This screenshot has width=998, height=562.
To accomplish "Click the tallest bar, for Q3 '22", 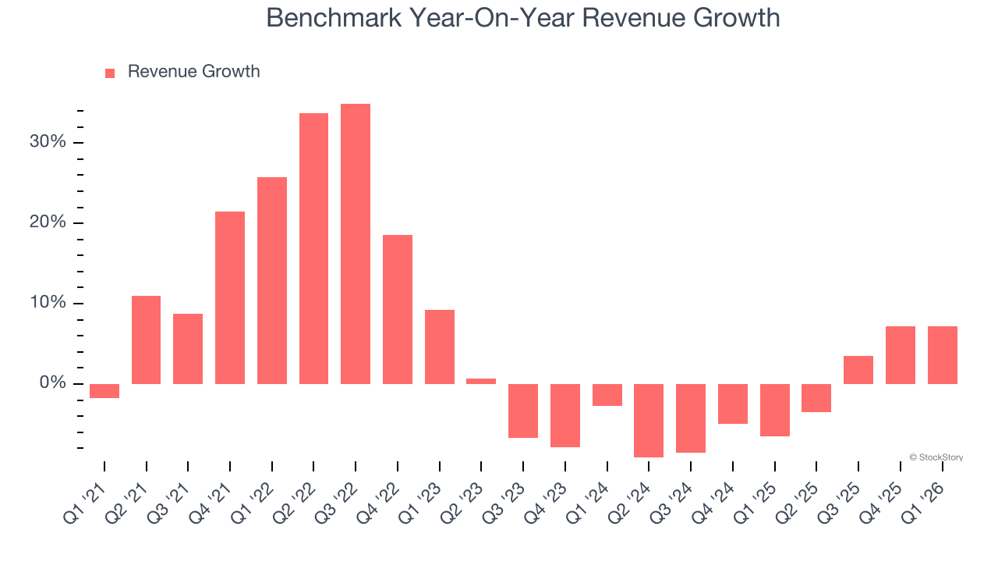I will (356, 244).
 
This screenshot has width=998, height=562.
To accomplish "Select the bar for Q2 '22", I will (313, 248).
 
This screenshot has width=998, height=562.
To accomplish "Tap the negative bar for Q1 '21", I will (104, 391).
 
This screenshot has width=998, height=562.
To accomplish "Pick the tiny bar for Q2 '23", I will (481, 381).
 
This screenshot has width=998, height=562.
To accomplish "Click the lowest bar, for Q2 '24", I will (649, 420).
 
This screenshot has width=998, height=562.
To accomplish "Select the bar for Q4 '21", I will (230, 297).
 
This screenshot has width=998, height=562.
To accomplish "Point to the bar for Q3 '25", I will (858, 370).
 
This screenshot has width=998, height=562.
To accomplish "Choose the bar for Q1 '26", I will (942, 355).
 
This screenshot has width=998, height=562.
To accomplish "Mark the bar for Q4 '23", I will (565, 415).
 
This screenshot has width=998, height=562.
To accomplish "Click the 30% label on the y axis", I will (48, 142).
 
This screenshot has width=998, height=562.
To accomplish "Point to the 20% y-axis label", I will (48, 222).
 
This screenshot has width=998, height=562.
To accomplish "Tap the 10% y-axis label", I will (48, 303).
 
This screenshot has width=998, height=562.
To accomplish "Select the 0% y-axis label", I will (53, 383).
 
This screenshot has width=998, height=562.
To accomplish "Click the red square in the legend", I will (110, 73).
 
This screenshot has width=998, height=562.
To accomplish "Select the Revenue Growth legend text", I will (193, 72).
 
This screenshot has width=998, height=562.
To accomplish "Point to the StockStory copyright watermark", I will (936, 457).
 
